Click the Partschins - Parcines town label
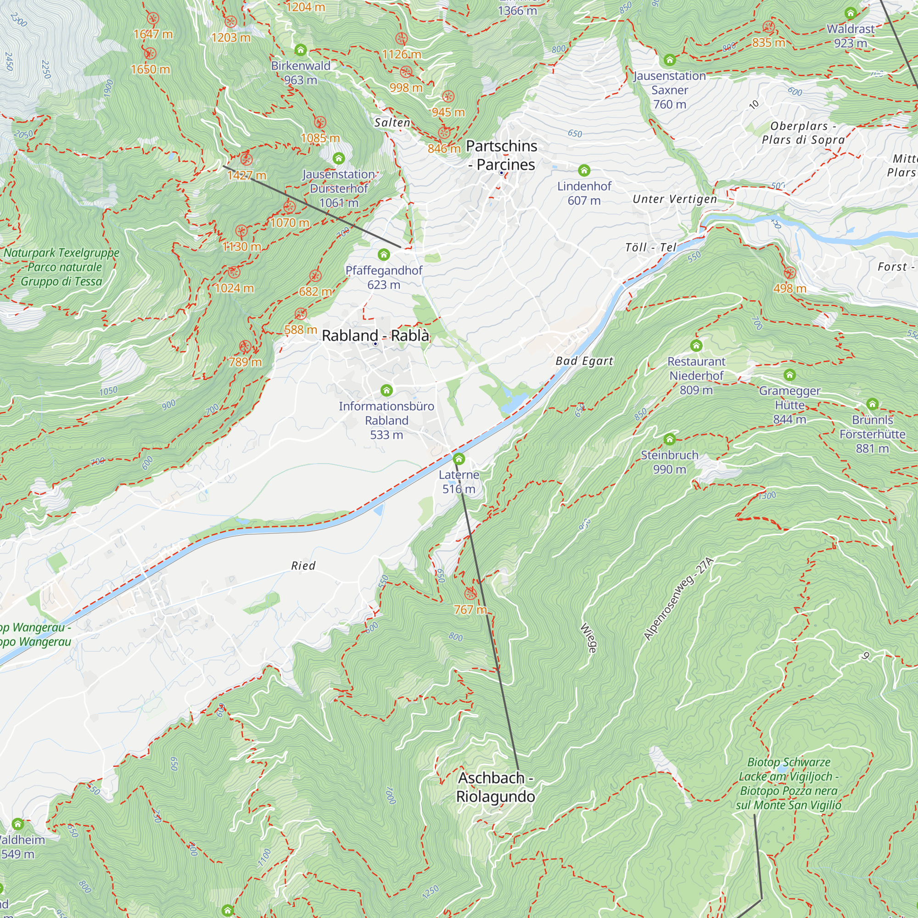coord(501,155)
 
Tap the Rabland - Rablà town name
coord(375,336)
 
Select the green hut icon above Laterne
coord(459,459)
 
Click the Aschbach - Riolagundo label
coord(495,787)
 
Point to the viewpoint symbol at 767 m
coord(470,593)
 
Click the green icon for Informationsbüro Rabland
coord(386,391)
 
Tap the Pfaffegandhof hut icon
coord(383,255)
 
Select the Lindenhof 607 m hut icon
coord(584,170)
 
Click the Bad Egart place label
coord(584,361)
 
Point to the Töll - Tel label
coord(650,247)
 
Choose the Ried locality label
coord(303,565)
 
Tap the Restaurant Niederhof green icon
coord(696,346)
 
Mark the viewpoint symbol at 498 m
coord(789,273)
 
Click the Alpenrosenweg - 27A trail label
coord(678,599)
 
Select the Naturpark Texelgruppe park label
coord(62,267)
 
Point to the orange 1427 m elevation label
coord(246,175)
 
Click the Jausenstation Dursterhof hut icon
coord(338,158)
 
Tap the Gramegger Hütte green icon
coord(789,375)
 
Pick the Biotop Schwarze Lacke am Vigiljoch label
coord(788,784)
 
